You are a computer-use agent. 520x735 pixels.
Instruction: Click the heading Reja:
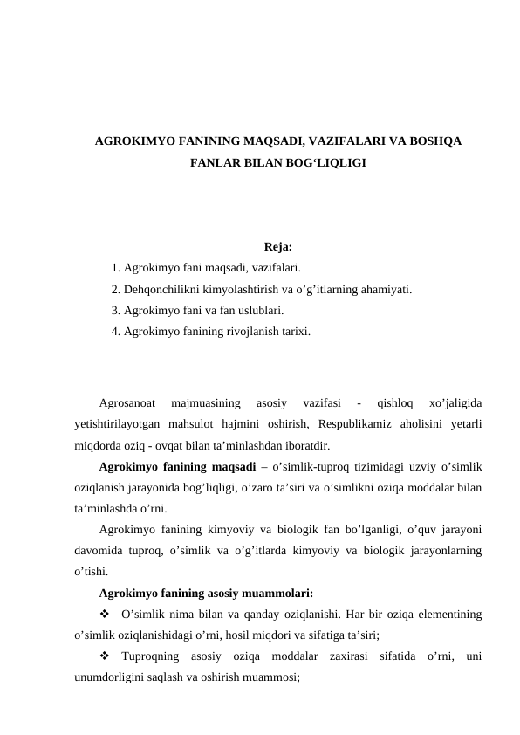[277, 247]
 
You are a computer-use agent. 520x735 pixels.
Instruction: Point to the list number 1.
[116, 268]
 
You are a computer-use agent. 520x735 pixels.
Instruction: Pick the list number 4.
[116, 331]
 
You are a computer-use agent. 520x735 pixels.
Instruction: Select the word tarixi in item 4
[292, 331]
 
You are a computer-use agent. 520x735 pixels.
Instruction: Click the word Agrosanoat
[127, 403]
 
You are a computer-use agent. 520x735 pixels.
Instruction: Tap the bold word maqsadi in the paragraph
[232, 467]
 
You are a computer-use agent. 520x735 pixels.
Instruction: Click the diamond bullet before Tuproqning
[105, 657]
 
